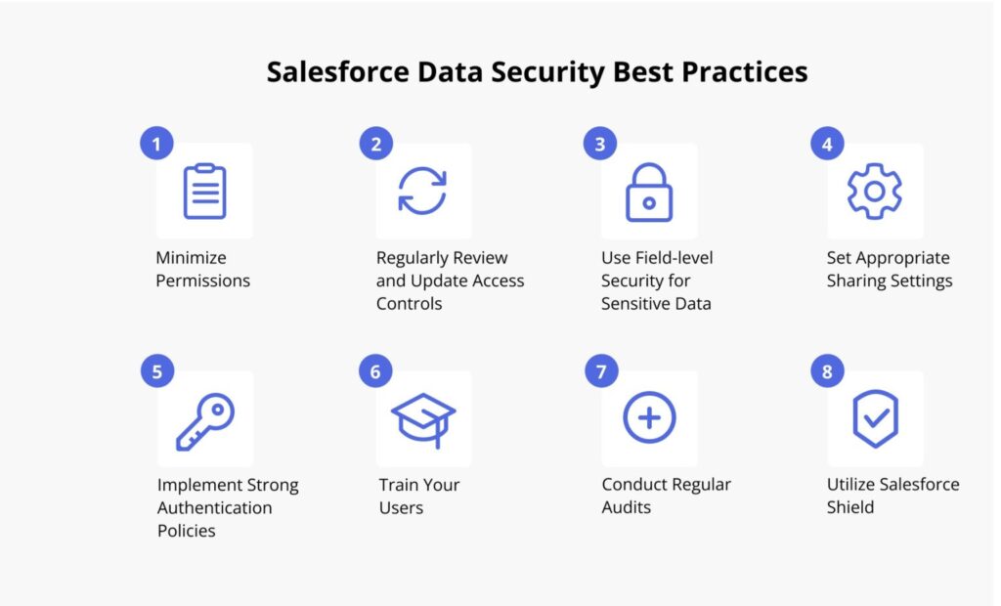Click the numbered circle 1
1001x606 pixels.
point(156,145)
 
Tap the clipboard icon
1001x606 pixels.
point(204,192)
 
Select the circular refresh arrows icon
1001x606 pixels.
point(422,192)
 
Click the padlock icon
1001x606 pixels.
point(649,193)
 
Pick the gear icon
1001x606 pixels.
point(874,192)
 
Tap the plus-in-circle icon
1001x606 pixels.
point(649,419)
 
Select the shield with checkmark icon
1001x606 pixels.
point(875,419)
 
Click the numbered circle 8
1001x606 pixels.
point(828,372)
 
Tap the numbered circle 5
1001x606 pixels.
point(156,372)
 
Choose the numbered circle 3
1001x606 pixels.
point(600,145)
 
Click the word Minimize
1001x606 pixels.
point(191,258)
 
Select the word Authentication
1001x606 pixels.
point(214,508)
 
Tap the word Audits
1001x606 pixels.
point(627,507)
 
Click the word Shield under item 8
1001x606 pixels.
point(850,507)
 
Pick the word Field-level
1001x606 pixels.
point(674,258)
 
